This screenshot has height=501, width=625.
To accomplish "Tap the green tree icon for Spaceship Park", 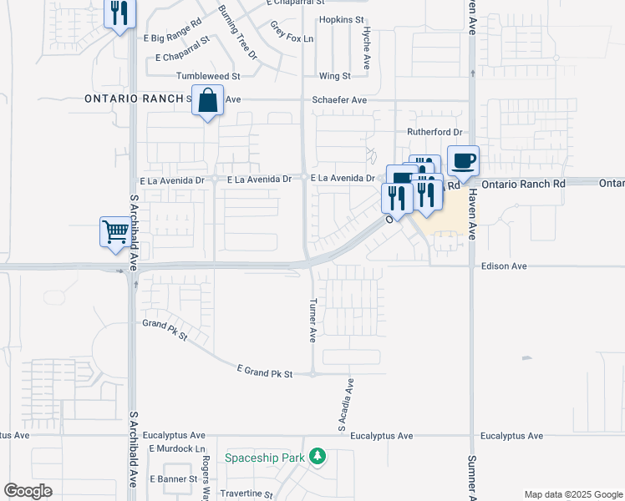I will [317, 457].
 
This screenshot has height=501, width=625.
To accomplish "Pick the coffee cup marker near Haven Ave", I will [463, 159].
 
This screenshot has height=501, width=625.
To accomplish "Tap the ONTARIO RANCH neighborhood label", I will [134, 99].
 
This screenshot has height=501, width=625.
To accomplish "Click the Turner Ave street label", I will [313, 321].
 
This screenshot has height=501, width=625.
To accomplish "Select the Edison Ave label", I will [504, 266].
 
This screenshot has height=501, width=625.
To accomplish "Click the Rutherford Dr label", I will [434, 132].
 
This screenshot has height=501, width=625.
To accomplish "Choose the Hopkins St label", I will [342, 18].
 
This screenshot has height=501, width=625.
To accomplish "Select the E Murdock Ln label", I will [177, 448].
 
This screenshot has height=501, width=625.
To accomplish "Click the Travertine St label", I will [246, 494].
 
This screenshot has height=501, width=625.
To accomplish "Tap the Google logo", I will [28, 491].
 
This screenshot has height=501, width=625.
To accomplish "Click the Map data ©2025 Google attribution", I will [572, 494].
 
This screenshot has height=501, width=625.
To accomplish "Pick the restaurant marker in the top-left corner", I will [119, 13].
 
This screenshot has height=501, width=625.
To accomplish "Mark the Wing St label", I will [334, 76].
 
